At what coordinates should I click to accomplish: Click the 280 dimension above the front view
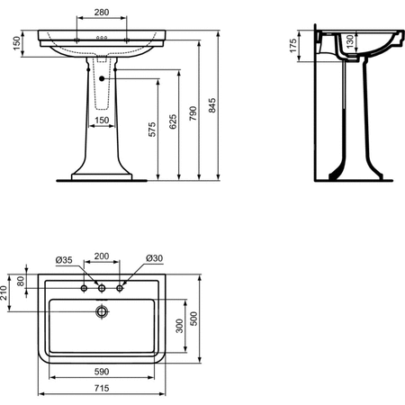102,13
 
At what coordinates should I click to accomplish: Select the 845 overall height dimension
212,105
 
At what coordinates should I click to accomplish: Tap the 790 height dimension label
193,113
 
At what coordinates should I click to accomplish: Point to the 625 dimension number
173,121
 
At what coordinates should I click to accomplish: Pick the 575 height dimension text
152,130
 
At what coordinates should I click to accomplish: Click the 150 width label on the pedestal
102,121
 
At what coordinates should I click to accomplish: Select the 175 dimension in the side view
293,46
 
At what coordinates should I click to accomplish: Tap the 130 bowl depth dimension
349,41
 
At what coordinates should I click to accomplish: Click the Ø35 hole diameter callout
64,260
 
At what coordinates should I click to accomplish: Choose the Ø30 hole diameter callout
155,258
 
